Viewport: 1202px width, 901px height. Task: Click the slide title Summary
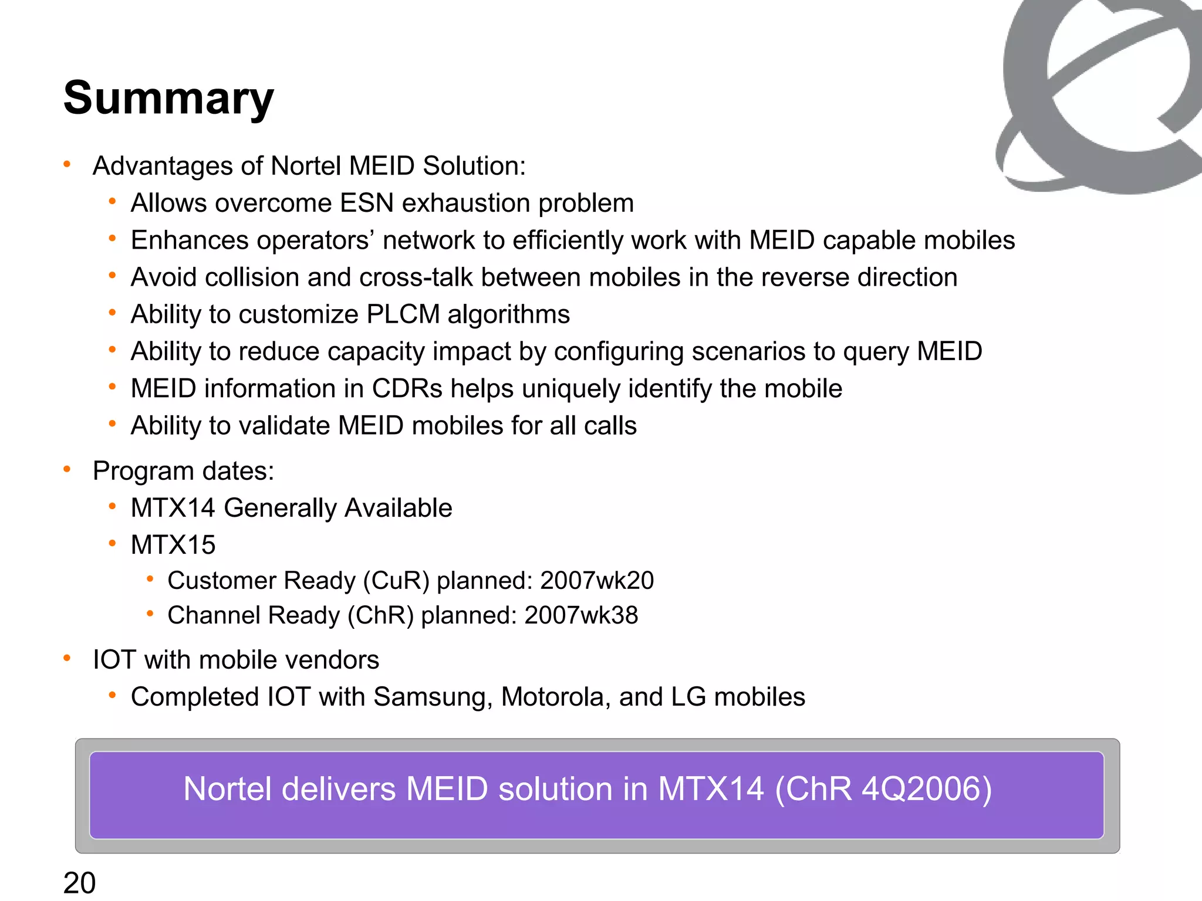point(168,98)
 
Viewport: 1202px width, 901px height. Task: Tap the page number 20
point(79,883)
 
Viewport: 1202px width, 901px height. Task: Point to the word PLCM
point(403,314)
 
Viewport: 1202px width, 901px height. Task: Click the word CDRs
point(407,389)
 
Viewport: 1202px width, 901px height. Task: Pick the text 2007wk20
point(596,581)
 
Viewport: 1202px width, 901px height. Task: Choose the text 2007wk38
point(581,615)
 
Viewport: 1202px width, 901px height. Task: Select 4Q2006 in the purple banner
point(920,789)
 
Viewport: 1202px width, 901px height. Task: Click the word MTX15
point(173,545)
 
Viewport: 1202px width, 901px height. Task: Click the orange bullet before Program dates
point(67,469)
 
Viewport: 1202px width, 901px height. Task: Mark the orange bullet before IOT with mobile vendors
point(67,658)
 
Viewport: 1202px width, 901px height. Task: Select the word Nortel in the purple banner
point(227,789)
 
